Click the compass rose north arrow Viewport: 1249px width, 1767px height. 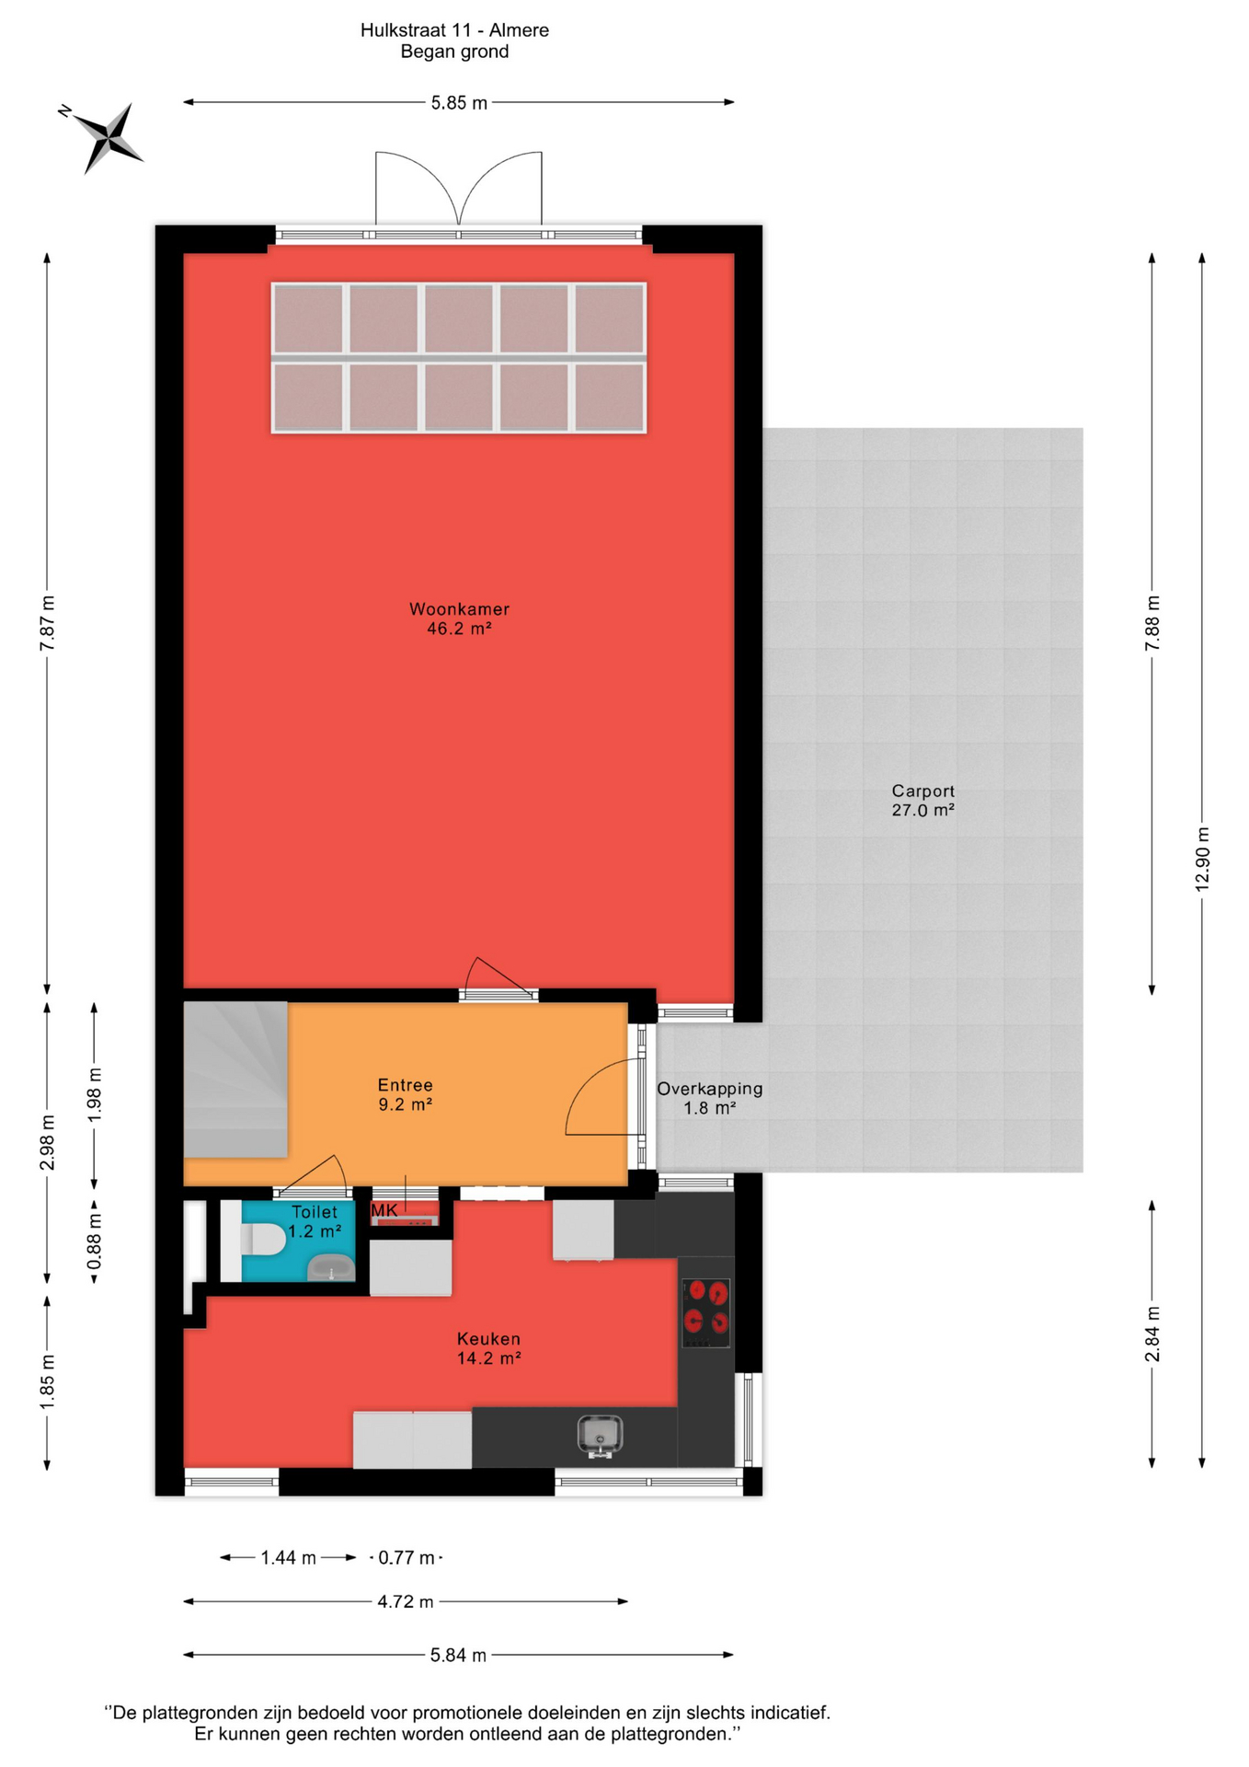(108, 137)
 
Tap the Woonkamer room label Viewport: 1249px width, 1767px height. (459, 609)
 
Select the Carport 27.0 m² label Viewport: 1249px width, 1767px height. (922, 801)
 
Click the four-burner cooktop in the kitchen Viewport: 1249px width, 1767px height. (706, 1312)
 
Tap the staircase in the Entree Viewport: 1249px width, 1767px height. (235, 1080)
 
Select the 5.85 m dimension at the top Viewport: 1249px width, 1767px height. (459, 103)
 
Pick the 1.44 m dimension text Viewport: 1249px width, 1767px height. (288, 1558)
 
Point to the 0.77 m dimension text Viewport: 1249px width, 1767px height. (407, 1558)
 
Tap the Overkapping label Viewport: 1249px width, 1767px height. (709, 1089)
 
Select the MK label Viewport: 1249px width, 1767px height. (384, 1211)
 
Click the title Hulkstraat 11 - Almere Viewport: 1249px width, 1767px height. (454, 30)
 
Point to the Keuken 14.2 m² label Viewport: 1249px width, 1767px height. (488, 1348)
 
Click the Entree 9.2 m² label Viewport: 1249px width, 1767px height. (405, 1094)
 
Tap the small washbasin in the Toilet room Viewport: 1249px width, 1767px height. (330, 1267)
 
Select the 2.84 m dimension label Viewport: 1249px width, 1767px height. (1152, 1334)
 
